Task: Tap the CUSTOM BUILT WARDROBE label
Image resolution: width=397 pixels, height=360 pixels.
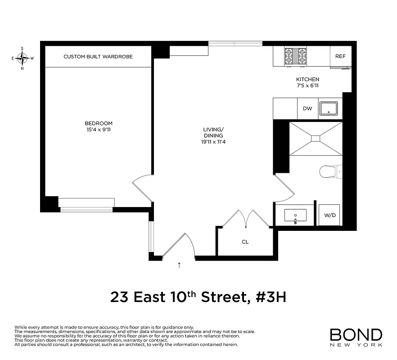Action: click(x=98, y=57)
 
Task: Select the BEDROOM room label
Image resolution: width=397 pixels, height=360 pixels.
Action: click(x=99, y=123)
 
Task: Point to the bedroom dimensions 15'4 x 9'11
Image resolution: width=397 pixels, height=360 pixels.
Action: click(x=99, y=130)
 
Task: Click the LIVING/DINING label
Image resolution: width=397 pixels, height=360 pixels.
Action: click(x=213, y=132)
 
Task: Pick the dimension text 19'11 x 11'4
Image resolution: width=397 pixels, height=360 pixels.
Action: click(x=213, y=142)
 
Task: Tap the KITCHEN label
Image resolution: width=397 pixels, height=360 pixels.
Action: click(x=307, y=79)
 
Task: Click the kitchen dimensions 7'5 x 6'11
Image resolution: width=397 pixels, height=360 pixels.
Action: click(x=307, y=85)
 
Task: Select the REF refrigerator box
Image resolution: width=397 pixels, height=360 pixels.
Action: click(x=340, y=56)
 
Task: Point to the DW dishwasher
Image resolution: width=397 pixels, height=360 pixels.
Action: click(x=307, y=108)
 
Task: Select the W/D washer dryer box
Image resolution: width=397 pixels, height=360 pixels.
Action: click(x=330, y=215)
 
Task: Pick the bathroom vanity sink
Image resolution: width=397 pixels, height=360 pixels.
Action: click(x=295, y=215)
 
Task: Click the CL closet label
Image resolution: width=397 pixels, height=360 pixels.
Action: click(x=245, y=242)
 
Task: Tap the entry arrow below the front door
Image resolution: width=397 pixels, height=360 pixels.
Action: click(x=180, y=265)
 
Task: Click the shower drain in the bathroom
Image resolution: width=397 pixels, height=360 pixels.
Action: click(x=316, y=139)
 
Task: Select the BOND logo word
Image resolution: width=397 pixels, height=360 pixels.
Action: click(x=356, y=335)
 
